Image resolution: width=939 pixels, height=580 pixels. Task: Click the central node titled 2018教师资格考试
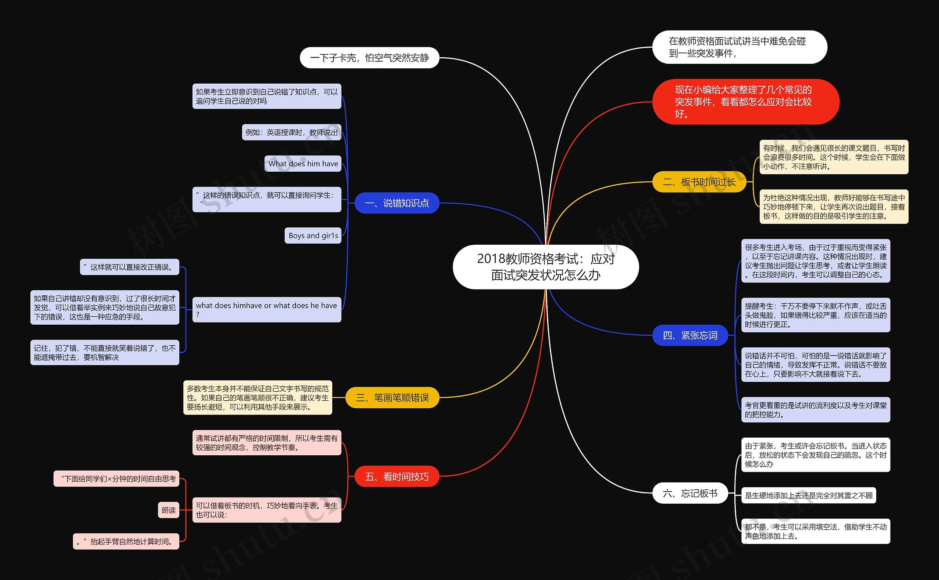(545, 267)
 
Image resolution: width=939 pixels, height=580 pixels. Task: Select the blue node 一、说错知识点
(397, 203)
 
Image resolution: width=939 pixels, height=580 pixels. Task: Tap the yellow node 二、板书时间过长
(699, 182)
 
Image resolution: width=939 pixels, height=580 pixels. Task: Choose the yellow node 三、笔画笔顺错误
(392, 397)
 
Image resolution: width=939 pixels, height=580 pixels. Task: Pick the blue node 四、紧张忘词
(690, 335)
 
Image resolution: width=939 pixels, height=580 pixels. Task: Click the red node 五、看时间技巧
(397, 477)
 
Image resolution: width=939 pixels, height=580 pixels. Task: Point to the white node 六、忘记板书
(690, 493)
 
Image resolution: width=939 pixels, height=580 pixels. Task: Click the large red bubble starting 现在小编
(746, 102)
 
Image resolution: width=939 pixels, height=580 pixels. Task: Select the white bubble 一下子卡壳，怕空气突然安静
(369, 58)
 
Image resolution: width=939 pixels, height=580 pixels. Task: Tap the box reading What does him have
(303, 164)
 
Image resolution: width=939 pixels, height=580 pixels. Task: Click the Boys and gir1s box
(313, 236)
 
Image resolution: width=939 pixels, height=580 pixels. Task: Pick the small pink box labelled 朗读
(169, 510)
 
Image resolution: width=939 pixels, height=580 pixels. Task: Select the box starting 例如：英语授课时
(291, 132)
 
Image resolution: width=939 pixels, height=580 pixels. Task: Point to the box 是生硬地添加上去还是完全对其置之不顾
(809, 495)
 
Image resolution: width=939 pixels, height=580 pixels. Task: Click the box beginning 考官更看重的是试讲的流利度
(815, 410)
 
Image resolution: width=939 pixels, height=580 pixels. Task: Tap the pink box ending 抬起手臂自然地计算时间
(126, 541)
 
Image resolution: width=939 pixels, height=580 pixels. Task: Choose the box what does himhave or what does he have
(267, 310)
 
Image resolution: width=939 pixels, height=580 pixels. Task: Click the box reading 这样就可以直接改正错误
(129, 267)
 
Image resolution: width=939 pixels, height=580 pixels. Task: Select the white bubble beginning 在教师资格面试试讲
(739, 47)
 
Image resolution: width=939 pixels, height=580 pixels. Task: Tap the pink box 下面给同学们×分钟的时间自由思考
(117, 479)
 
